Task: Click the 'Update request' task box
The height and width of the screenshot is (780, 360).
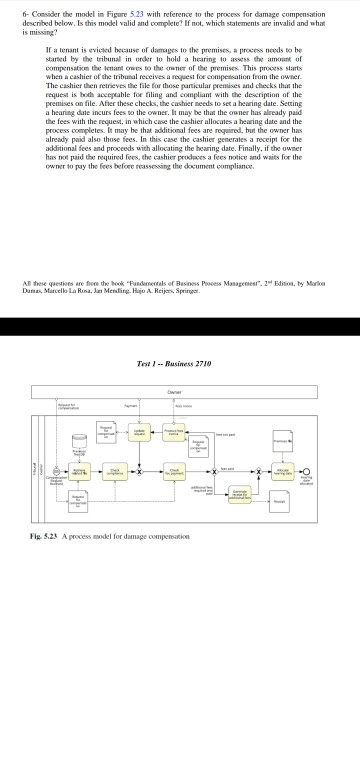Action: tap(140, 432)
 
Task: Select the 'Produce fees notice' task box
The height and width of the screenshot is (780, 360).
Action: tap(173, 432)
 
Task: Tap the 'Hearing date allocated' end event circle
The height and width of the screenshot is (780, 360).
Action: tap(314, 471)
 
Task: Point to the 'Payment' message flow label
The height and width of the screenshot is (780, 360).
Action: tap(130, 405)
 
